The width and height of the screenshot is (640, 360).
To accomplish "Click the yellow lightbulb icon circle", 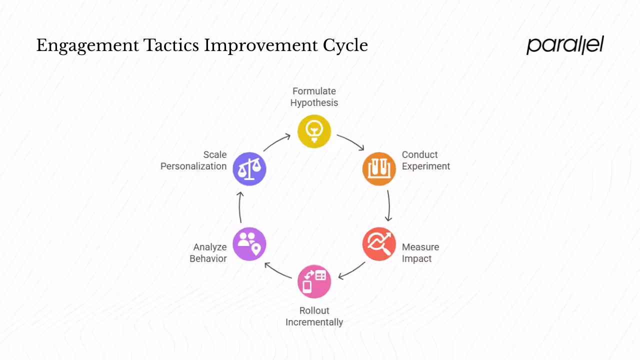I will tap(314, 131).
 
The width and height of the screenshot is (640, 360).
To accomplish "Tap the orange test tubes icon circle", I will tap(379, 168).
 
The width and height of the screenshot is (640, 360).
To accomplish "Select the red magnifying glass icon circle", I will tap(379, 244).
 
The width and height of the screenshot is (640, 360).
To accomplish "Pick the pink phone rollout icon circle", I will tap(314, 281).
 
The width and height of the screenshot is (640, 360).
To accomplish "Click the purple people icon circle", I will tap(249, 244).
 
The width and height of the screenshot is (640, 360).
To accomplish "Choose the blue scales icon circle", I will tap(249, 168).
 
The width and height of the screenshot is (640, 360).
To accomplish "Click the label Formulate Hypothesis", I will tap(314, 97).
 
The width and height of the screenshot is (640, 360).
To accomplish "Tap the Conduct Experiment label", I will tap(425, 160).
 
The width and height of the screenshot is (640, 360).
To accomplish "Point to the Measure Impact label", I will tap(420, 252).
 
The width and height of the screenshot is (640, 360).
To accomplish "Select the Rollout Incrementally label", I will tap(314, 316).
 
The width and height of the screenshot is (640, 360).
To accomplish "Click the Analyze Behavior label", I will tap(208, 252).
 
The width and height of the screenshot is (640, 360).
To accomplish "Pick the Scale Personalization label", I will tap(193, 160).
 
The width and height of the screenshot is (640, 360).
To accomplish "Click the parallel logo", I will tap(565, 45).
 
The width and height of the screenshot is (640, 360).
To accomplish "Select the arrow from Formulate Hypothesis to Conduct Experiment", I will tap(350, 141).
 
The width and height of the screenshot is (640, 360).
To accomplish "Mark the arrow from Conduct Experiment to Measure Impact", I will tap(388, 205).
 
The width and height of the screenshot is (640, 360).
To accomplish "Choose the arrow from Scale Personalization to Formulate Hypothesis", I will tap(276, 142).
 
